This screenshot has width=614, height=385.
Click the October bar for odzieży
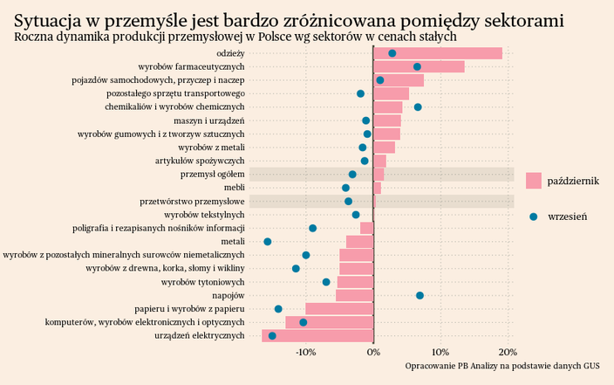pos(438,53)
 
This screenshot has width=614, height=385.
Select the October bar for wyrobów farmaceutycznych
pos(419,66)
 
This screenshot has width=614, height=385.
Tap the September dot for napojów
pos(420,295)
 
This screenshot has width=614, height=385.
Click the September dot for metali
pos(268,241)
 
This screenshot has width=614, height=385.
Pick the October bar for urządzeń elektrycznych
pos(317,335)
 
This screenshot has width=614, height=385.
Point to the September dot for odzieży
pos(392,53)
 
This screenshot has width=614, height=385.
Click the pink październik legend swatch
pos(535,181)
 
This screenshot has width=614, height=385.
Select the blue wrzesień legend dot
pos(535,216)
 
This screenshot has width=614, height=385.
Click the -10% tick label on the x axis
pos(305,352)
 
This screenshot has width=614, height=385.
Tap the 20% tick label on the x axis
pos(508,352)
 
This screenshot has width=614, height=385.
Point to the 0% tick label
pos(373,352)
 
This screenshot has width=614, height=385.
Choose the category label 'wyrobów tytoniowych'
pos(202,282)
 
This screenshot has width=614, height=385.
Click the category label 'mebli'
pos(234,188)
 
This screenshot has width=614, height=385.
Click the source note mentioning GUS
pos(508,367)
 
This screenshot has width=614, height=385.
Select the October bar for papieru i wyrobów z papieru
pos(339,308)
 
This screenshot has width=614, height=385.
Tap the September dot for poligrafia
pos(312,228)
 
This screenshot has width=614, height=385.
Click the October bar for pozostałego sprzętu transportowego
pos(391,93)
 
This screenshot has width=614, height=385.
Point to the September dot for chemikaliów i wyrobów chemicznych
pos(418,107)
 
